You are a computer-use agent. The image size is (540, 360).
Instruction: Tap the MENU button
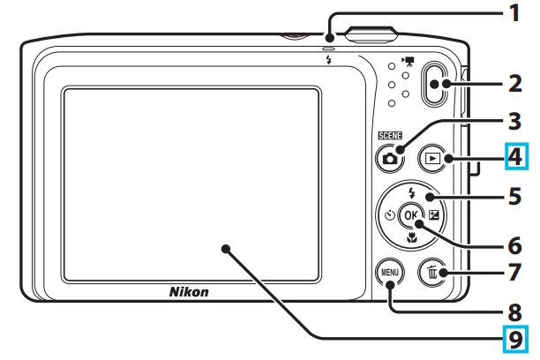coord(389,274)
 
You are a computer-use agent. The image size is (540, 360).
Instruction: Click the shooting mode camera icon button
coord(389,159)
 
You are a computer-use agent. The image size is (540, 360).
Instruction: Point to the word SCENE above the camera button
coord(389,135)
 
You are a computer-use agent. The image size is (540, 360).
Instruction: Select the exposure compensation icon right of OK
coord(433,214)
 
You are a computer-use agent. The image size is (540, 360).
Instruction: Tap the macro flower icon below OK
coord(411,236)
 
